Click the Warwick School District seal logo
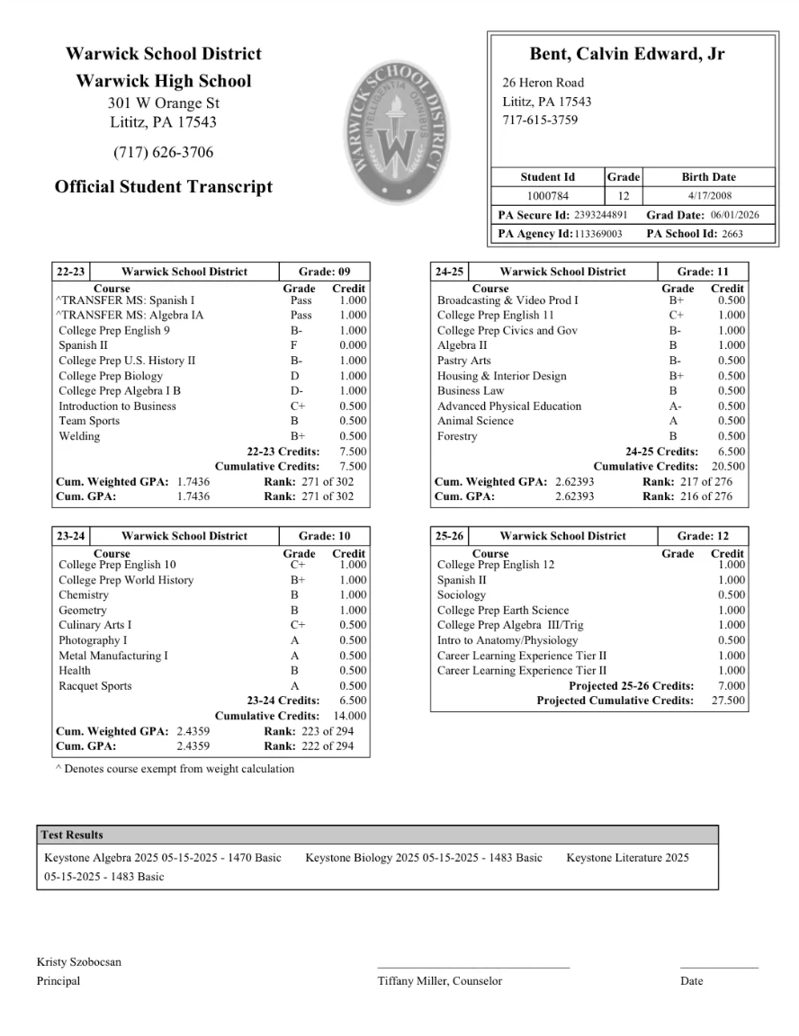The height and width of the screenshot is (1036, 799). point(395,132)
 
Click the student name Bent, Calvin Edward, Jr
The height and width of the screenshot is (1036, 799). point(626,54)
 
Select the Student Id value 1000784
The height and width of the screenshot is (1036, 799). point(547,196)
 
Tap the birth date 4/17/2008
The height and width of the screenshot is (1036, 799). point(708,196)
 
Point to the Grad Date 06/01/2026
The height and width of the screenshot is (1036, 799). point(735,216)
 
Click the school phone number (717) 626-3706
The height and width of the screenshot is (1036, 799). point(164,152)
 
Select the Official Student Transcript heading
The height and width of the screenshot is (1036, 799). point(164,187)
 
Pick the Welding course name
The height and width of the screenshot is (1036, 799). point(79,436)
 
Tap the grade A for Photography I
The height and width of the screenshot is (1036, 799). point(294,640)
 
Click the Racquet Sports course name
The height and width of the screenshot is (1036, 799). point(94,686)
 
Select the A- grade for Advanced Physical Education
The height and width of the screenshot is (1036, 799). point(674,406)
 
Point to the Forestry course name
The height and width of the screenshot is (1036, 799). point(457,436)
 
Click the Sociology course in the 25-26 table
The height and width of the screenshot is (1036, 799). point(461,595)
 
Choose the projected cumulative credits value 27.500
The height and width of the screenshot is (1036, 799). point(728,701)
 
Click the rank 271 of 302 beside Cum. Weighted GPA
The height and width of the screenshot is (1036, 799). point(309,481)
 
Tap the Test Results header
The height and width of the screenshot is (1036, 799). point(72,835)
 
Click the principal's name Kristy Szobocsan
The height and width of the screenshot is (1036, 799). point(79,962)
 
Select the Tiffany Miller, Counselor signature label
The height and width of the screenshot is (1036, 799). point(440,981)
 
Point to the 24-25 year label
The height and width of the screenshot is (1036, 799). point(449,272)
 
